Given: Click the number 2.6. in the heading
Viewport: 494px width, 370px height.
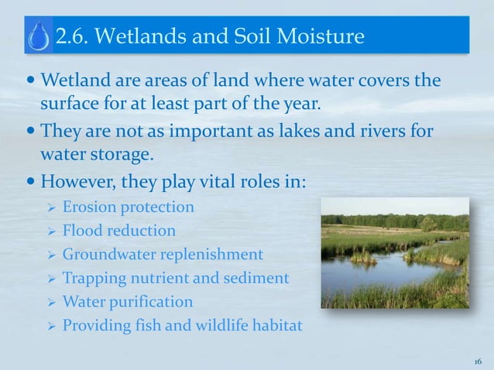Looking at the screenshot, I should click(75, 36).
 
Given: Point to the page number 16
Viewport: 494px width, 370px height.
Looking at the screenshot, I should click(478, 361).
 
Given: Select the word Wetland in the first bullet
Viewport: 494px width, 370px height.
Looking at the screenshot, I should click(70, 81).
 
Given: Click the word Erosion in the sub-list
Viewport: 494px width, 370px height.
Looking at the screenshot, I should click(87, 207).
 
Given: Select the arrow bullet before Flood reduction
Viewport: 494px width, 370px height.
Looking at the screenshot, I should click(47, 231).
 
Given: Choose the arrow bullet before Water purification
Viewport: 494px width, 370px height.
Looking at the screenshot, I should click(47, 302).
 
